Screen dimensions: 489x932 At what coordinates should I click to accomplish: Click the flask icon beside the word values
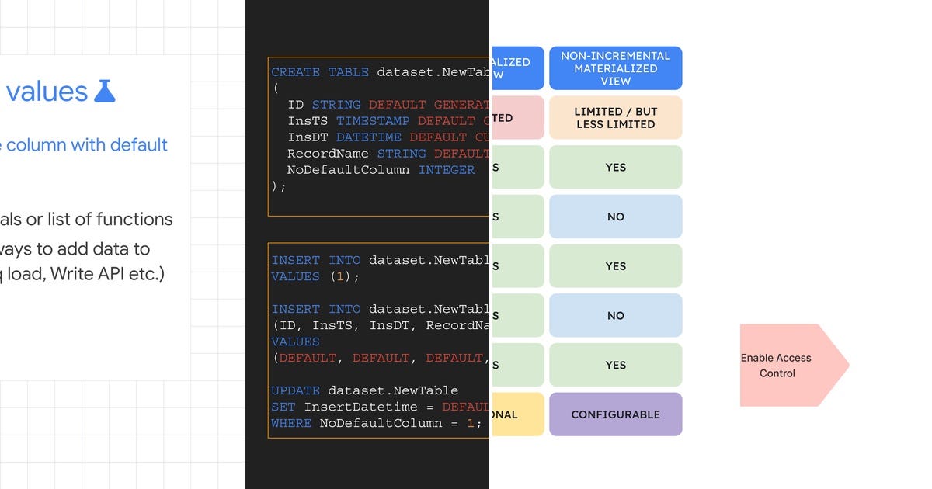[x=104, y=91]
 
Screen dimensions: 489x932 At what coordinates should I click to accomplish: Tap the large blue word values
[x=47, y=92]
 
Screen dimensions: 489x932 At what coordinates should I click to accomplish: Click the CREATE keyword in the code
[x=295, y=72]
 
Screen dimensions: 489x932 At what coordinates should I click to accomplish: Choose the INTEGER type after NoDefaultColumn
[x=447, y=170]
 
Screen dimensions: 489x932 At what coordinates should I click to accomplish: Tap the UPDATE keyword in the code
[x=295, y=390]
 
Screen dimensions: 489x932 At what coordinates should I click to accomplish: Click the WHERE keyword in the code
[x=291, y=423]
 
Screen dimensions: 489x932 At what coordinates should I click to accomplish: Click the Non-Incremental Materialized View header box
[x=615, y=68]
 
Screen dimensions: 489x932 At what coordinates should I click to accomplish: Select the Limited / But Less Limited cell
[x=615, y=118]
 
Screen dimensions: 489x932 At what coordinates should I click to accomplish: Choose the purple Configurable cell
[x=615, y=414]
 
